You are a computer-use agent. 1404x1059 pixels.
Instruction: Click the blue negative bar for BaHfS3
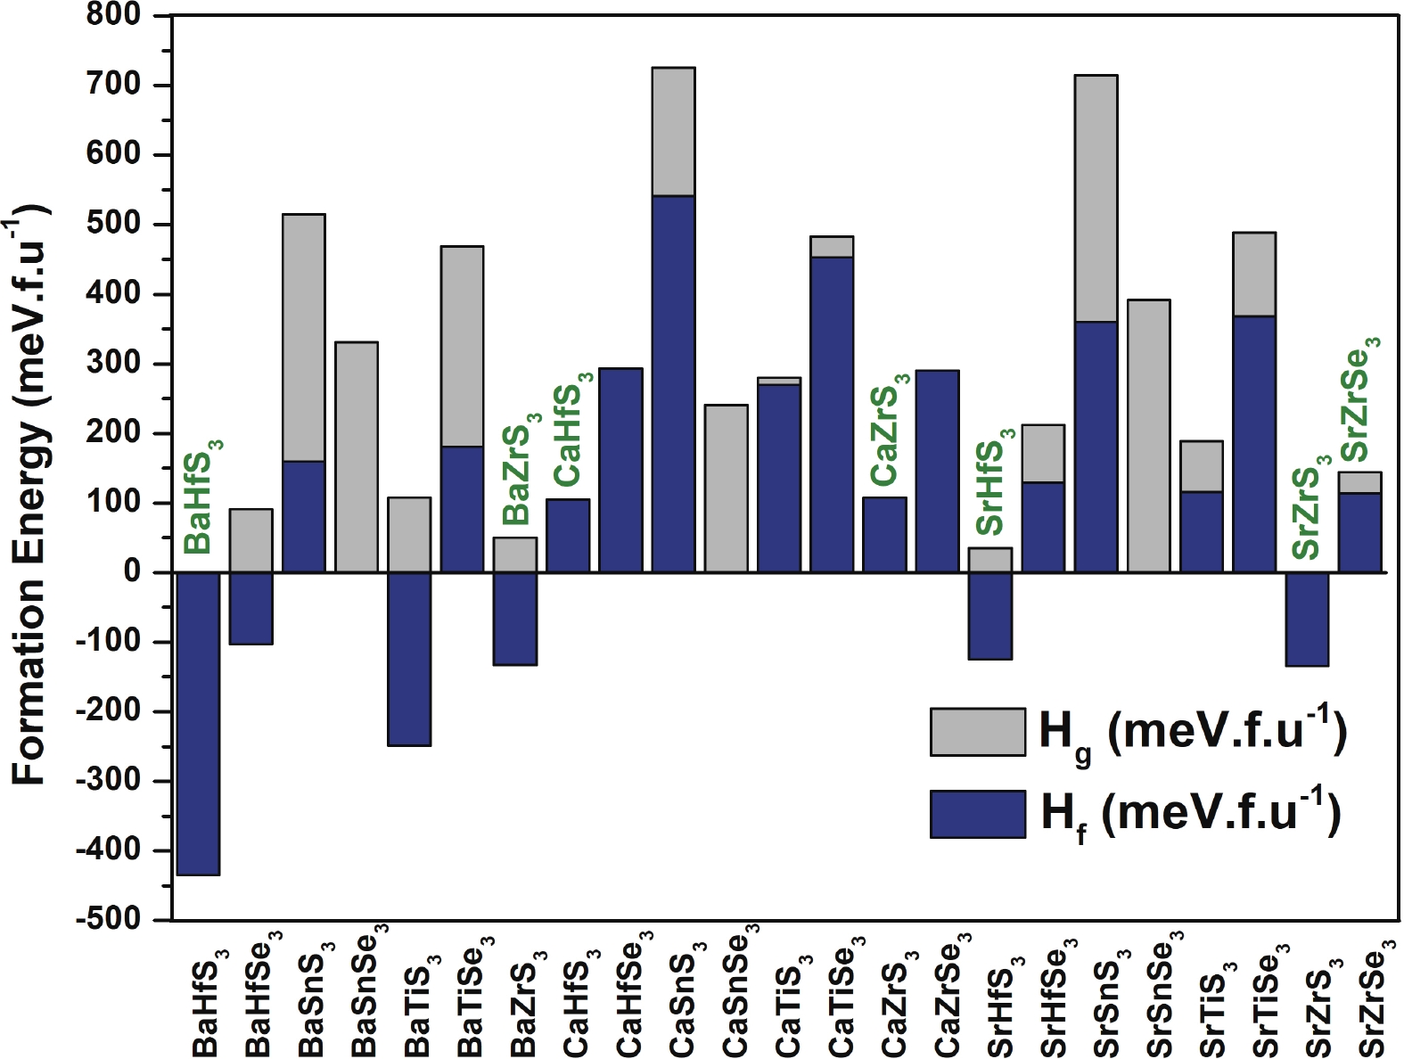[198, 723]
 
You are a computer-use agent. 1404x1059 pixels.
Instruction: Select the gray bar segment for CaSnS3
[673, 131]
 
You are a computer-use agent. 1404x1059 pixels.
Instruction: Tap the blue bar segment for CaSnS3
[673, 383]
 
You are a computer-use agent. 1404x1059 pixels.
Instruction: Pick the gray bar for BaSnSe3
[357, 456]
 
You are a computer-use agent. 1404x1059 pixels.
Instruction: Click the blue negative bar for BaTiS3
[409, 659]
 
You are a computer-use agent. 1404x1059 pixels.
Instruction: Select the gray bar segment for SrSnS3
[1096, 198]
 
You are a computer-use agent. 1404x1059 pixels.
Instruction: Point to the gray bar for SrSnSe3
[1148, 436]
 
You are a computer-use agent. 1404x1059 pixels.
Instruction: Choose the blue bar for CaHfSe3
[620, 470]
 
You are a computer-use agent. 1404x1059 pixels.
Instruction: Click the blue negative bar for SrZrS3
[1307, 619]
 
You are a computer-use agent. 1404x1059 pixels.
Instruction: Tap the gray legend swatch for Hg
[977, 732]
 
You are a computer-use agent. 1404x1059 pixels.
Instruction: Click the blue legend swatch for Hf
[977, 813]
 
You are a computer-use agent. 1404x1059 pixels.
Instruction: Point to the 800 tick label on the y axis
[114, 15]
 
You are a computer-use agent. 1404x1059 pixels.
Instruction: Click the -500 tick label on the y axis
[108, 919]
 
